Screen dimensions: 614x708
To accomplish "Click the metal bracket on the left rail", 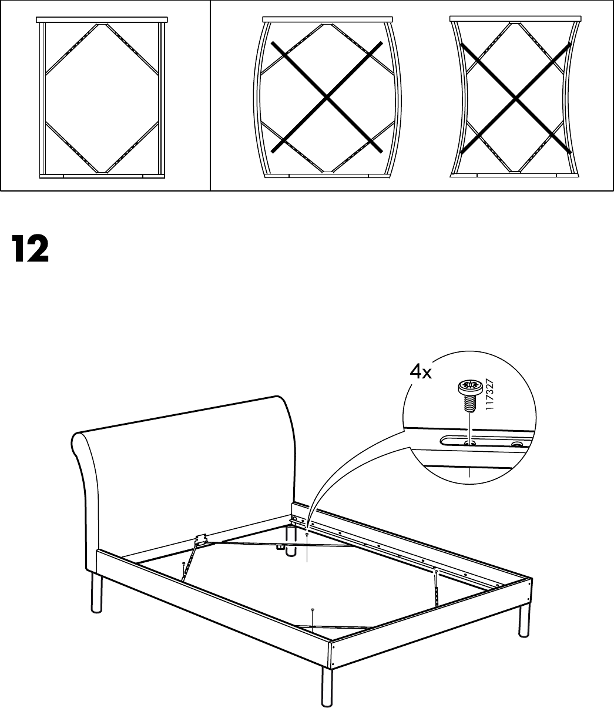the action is (x=200, y=539).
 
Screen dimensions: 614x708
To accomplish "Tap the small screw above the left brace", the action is (x=184, y=563).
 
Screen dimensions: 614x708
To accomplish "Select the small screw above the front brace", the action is (x=312, y=610).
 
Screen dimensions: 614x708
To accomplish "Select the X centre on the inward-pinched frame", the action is (x=516, y=99).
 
